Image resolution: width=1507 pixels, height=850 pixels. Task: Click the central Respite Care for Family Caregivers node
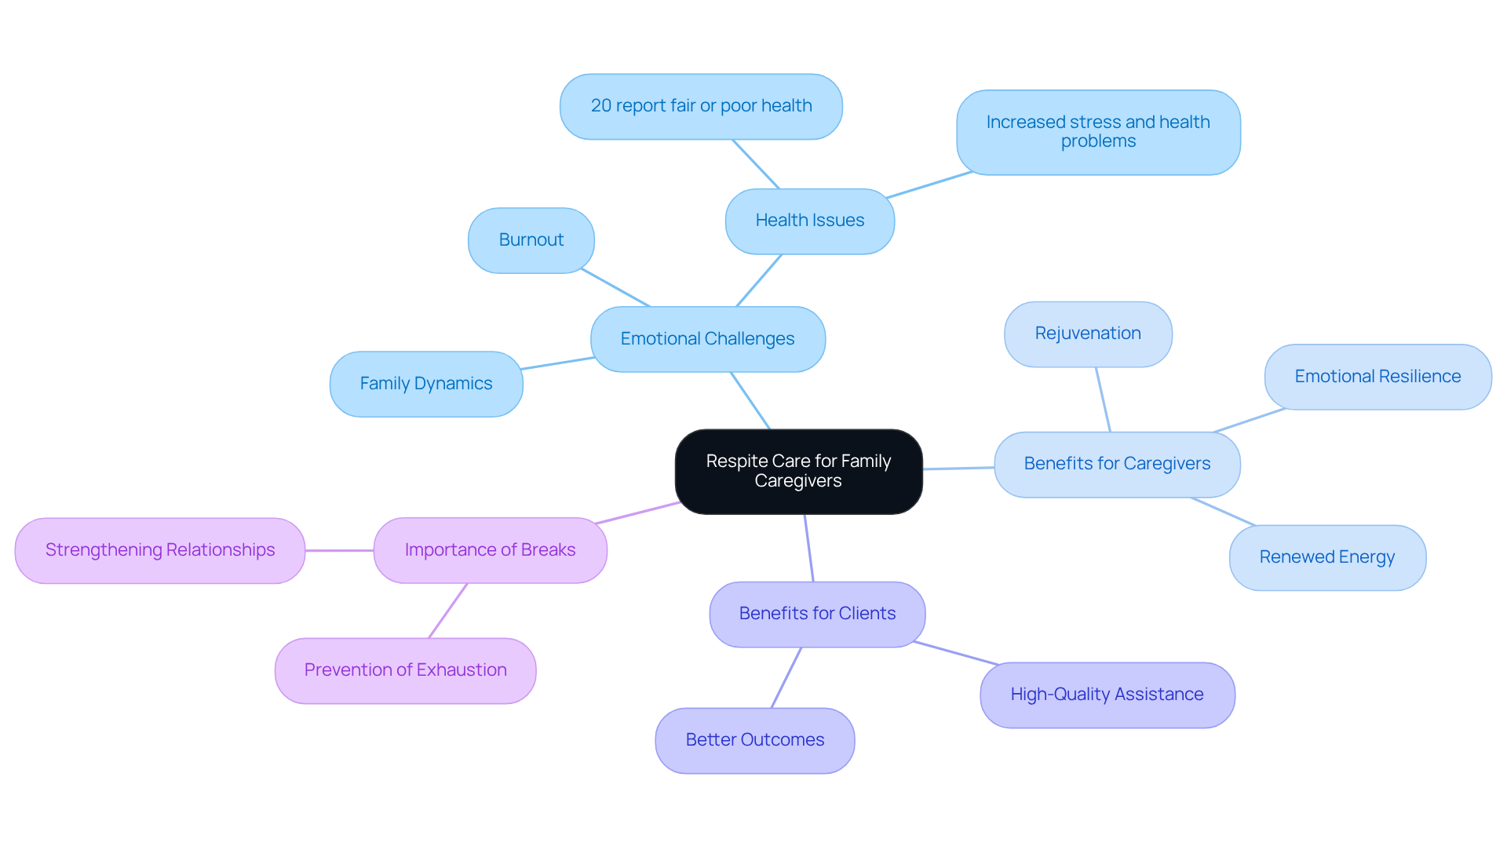tap(798, 471)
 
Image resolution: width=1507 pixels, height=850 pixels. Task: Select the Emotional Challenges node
tap(707, 339)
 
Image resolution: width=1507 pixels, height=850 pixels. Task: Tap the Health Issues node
tap(809, 221)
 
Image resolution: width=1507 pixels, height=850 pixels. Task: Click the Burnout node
tap(531, 240)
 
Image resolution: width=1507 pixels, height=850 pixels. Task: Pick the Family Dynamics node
tap(425, 384)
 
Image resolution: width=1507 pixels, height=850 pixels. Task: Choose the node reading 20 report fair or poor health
tap(701, 106)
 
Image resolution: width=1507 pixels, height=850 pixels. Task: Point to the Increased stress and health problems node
tap(1097, 132)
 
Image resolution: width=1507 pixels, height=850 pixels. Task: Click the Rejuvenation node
tap(1087, 334)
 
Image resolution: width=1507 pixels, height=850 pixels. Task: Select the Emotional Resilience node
tap(1377, 377)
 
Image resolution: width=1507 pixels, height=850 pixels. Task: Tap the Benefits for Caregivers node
tap(1116, 464)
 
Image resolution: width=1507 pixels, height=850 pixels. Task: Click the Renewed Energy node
tap(1326, 557)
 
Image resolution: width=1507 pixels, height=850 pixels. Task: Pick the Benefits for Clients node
tap(816, 614)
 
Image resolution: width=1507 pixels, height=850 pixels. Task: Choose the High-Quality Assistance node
tap(1107, 695)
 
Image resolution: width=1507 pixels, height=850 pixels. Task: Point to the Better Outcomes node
tap(754, 740)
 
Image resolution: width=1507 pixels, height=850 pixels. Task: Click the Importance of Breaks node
tap(490, 550)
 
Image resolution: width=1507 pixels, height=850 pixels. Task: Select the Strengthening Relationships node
tap(159, 550)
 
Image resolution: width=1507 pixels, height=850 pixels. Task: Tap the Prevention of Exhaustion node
tap(405, 670)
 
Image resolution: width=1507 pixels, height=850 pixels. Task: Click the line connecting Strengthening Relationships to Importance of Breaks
tap(339, 550)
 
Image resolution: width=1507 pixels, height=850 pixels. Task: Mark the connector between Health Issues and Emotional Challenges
tap(759, 280)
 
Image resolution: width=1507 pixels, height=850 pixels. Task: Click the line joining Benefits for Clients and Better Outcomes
tap(786, 677)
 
